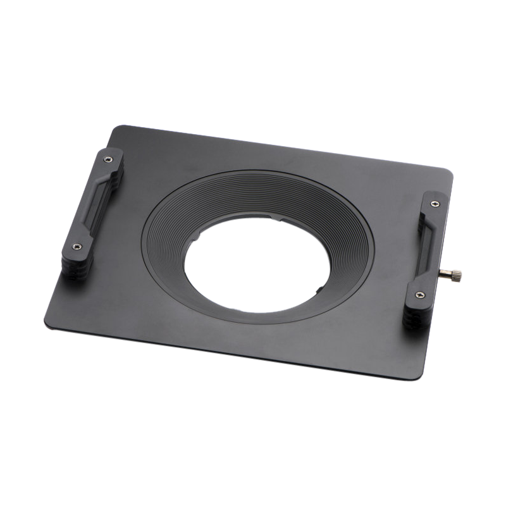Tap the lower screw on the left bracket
(x=77, y=247)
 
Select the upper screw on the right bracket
(x=434, y=204)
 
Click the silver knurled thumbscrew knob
(x=455, y=274)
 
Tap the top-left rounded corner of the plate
(x=116, y=129)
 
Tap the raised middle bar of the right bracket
(x=425, y=249)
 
